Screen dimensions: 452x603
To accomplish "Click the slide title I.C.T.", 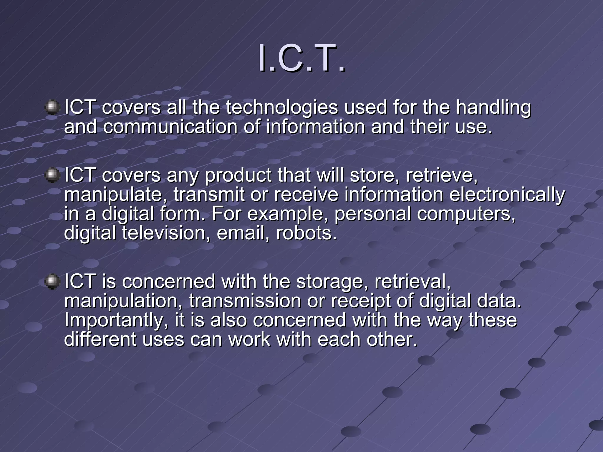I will [301, 59].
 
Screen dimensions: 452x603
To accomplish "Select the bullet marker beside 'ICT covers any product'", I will [52, 175].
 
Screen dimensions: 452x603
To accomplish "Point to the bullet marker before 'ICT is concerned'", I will [52, 281].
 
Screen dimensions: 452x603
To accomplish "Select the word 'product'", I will [238, 176].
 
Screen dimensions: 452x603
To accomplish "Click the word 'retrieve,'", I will [442, 176].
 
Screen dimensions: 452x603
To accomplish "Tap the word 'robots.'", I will [306, 233].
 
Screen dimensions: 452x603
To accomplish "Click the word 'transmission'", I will [245, 301].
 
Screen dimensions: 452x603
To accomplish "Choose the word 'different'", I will [100, 339].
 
